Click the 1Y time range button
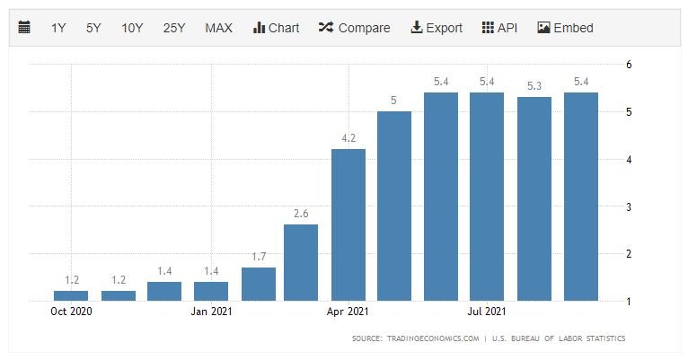point(58,28)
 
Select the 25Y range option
point(174,28)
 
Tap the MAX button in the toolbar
point(218,28)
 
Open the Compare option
point(354,28)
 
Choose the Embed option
point(565,28)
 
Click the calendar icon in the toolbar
point(24,28)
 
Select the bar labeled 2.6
point(301,262)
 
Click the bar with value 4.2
point(348,224)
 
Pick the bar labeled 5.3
point(534,198)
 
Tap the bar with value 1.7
point(259,284)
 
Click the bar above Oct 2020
point(71,295)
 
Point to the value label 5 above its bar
point(394,100)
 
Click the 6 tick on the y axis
point(630,65)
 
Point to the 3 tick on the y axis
point(630,206)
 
